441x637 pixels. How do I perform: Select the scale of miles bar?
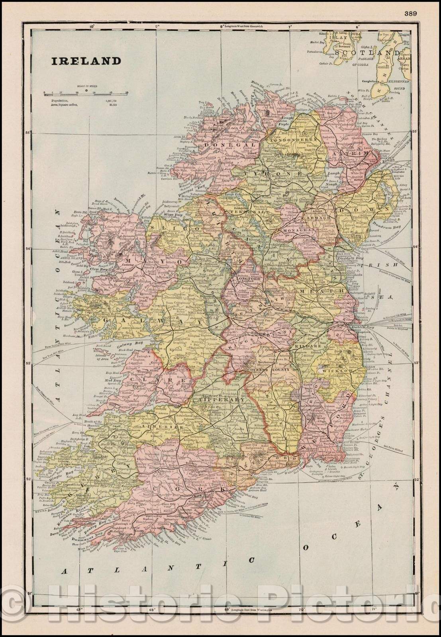[86, 92]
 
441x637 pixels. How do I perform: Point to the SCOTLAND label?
[367, 53]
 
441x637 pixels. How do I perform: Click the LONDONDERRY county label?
[294, 140]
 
